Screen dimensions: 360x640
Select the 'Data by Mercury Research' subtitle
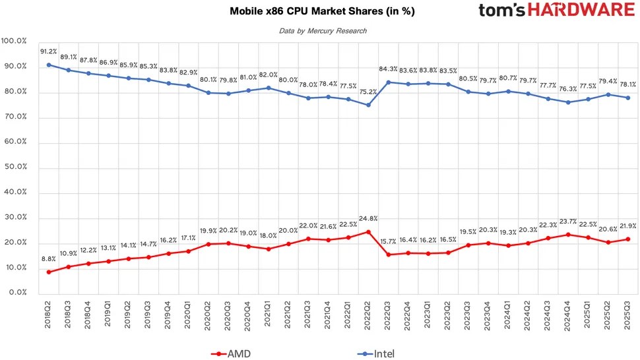322,30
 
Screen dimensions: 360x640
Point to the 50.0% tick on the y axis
14,167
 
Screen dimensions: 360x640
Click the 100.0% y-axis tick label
14,41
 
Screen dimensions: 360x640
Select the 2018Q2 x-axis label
48,314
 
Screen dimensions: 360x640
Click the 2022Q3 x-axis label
388,314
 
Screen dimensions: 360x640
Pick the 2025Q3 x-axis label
627,314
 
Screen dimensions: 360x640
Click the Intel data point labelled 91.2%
49,65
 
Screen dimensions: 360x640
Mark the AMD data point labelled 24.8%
368,231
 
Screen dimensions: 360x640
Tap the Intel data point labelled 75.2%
368,105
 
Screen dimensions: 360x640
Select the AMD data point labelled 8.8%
49,272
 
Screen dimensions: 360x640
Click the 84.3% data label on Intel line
387,69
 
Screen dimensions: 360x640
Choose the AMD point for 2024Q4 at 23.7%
567,234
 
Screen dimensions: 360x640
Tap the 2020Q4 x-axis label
248,314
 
